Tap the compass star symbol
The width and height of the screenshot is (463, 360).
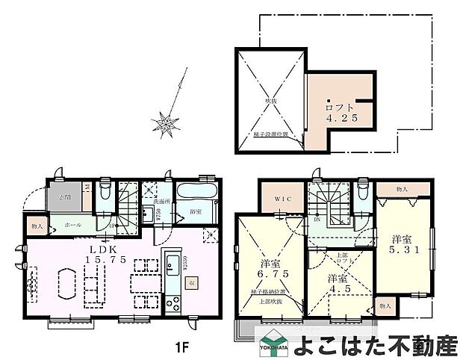165,122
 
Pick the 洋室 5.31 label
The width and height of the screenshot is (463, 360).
403,246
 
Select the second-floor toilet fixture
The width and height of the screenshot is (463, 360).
363,193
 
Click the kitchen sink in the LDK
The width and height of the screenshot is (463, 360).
173,263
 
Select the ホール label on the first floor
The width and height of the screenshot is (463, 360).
72,224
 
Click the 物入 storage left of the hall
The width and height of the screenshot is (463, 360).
36,224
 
